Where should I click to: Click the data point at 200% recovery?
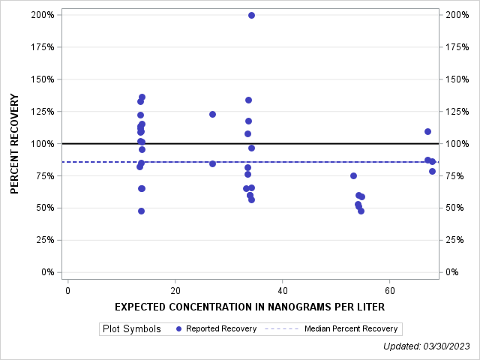[x=251, y=15]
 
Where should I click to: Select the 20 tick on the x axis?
[x=175, y=290]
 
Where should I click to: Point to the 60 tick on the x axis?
[x=389, y=290]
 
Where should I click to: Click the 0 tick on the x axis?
[x=67, y=290]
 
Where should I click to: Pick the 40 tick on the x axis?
[x=282, y=290]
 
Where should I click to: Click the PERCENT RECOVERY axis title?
[x=15, y=143]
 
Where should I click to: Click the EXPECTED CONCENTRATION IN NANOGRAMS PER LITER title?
[x=250, y=307]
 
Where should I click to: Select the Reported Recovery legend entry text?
[x=221, y=328]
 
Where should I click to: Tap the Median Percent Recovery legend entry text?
[x=351, y=328]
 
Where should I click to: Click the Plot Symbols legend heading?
[x=131, y=328]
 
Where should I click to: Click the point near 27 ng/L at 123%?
[x=212, y=114]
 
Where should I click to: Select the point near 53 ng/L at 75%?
[x=353, y=175]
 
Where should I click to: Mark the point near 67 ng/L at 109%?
[x=427, y=131]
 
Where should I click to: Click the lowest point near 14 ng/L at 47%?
[x=141, y=211]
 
